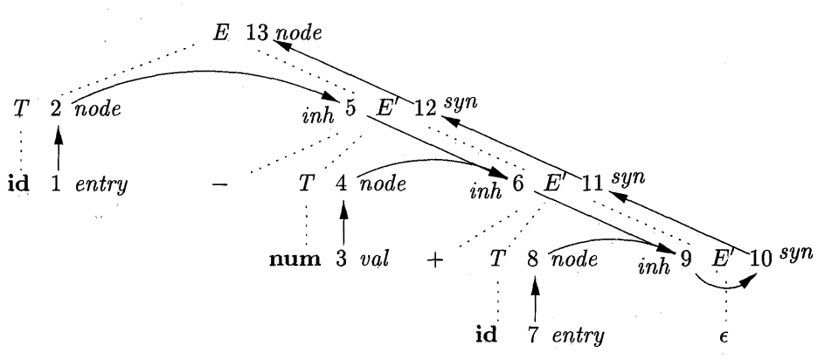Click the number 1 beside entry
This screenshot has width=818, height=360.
57,185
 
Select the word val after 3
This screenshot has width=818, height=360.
384,260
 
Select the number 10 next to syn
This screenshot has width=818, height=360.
761,260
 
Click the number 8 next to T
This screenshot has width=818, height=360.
534,260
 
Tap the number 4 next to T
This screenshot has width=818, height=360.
343,185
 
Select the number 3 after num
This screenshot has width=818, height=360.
343,260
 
